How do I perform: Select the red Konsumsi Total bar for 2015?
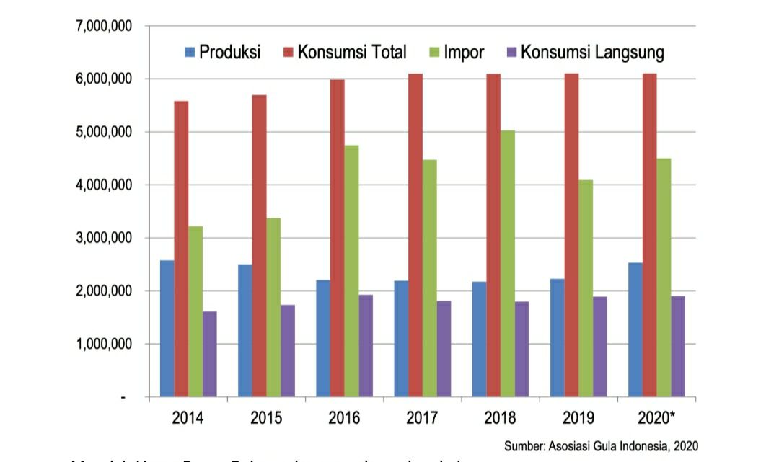coord(260,245)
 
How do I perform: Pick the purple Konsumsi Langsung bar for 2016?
coord(366,345)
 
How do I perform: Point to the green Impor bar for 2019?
coord(586,288)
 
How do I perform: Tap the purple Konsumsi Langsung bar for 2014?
coord(210,353)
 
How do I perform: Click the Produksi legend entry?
coord(224,52)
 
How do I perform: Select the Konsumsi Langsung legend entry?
coord(584,52)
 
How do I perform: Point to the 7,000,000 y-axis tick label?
coord(102,26)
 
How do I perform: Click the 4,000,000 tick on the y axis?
coord(102,185)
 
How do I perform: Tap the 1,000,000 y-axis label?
coord(102,345)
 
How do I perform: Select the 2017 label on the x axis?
coord(422,417)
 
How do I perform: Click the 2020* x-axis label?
coord(657,417)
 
